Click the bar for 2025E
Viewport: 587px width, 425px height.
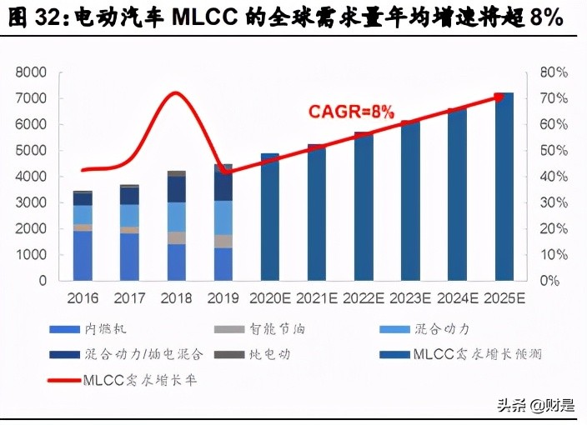504,187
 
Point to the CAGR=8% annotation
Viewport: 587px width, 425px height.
351,111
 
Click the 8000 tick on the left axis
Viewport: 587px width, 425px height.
31,72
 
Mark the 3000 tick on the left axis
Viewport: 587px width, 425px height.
31,202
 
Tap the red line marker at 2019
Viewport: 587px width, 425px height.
223,172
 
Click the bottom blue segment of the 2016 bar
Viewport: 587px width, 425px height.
83,255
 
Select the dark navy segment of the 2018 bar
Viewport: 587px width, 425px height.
176,189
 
